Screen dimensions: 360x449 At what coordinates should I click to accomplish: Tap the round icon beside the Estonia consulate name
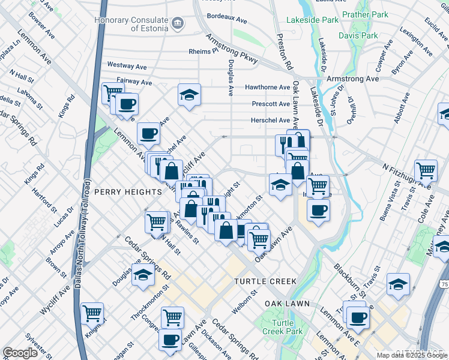click(178, 24)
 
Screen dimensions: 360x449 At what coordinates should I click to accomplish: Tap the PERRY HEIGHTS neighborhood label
click(128, 191)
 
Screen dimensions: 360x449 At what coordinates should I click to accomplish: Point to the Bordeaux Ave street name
click(226, 20)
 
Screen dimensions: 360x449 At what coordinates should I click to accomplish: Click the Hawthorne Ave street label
click(267, 87)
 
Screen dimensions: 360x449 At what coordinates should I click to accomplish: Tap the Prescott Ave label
click(271, 103)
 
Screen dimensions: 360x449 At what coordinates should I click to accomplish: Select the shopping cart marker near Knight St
click(92, 313)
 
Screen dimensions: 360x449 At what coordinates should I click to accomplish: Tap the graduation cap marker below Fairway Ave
click(189, 95)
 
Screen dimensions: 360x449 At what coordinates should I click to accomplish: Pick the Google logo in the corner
click(20, 353)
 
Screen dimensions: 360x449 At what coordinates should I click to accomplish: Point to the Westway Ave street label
click(127, 64)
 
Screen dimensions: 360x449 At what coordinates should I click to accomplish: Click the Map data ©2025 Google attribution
click(412, 355)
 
